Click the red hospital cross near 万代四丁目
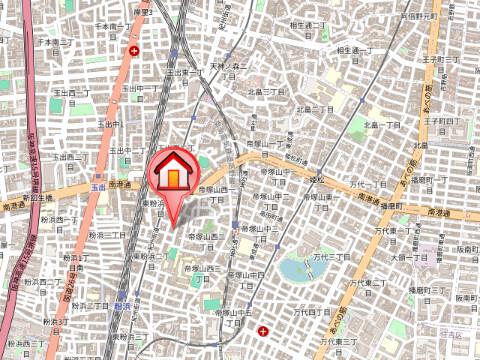263,330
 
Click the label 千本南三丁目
52,43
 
